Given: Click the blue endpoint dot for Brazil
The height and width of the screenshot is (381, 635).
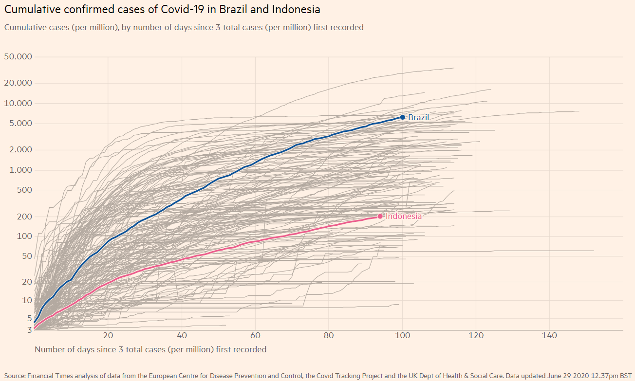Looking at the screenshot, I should (x=402, y=117).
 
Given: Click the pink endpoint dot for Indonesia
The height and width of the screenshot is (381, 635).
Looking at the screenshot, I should (x=380, y=216).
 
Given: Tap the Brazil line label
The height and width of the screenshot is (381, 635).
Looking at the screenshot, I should (x=418, y=117).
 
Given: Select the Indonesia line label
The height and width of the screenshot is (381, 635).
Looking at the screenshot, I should (x=404, y=216).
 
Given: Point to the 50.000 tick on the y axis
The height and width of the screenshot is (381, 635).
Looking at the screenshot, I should (x=18, y=56).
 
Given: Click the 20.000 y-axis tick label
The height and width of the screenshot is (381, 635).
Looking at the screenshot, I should (x=18, y=83).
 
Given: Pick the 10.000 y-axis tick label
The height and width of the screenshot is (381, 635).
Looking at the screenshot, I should (x=18, y=103).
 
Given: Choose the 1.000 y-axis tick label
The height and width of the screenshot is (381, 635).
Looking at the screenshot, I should (x=20, y=170).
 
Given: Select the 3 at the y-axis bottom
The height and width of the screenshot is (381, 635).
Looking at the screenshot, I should (x=29, y=330).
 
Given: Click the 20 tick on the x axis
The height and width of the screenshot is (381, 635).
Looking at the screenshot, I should (x=108, y=335).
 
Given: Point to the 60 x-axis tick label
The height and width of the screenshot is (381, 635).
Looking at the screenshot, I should (x=255, y=335).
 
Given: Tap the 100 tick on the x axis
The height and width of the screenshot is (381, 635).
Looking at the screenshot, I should (x=403, y=335).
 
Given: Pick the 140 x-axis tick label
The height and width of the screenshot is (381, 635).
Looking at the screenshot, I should (x=549, y=335).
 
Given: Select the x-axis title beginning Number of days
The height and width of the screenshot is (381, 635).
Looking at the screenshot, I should (x=150, y=349).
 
